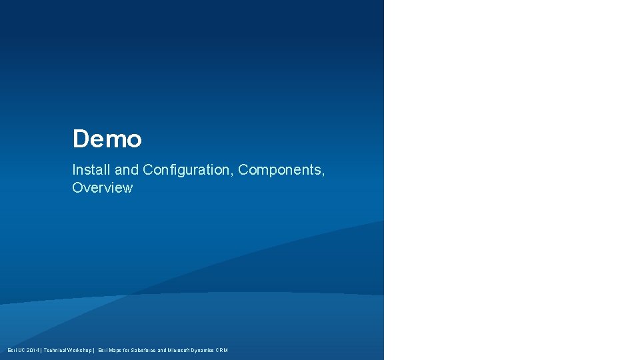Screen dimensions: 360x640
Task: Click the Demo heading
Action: pyautogui.click(x=107, y=139)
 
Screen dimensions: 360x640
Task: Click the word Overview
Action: pyautogui.click(x=102, y=188)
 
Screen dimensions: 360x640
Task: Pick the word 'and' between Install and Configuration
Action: pyautogui.click(x=127, y=170)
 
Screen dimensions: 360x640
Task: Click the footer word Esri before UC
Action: pyautogui.click(x=12, y=350)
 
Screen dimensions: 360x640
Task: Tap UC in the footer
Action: pyautogui.click(x=22, y=350)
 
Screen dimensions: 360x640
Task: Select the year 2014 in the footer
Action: pyautogui.click(x=33, y=350)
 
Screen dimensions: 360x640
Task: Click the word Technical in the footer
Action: pyautogui.click(x=57, y=350)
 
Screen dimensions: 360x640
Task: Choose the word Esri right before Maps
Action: pyautogui.click(x=103, y=350)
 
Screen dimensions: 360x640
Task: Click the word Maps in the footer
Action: pyautogui.click(x=116, y=350)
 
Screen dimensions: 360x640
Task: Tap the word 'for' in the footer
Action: pyautogui.click(x=128, y=350)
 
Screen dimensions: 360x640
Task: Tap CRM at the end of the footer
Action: pyautogui.click(x=222, y=350)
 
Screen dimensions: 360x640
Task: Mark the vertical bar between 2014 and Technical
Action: pyautogui.click(x=42, y=350)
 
